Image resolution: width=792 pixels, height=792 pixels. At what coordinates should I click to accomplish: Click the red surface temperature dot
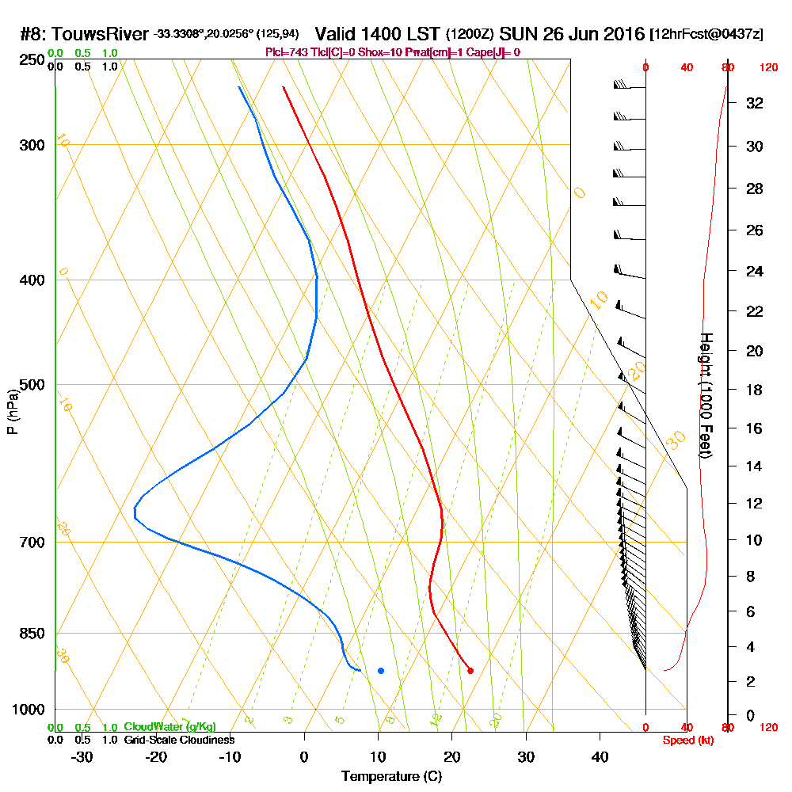(470, 671)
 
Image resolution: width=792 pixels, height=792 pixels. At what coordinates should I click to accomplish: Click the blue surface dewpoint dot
(381, 671)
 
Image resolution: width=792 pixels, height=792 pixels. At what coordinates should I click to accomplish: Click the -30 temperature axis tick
(82, 756)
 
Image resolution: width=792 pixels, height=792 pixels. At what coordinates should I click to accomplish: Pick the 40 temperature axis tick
(600, 756)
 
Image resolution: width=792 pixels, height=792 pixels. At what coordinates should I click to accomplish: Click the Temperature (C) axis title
(391, 777)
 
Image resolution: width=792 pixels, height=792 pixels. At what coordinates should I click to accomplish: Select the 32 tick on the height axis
(755, 103)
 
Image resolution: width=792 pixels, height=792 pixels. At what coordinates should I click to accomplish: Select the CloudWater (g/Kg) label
(169, 727)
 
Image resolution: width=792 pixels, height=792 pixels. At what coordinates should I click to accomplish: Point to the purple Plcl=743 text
(290, 52)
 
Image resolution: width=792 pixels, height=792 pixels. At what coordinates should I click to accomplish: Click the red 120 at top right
(768, 68)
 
